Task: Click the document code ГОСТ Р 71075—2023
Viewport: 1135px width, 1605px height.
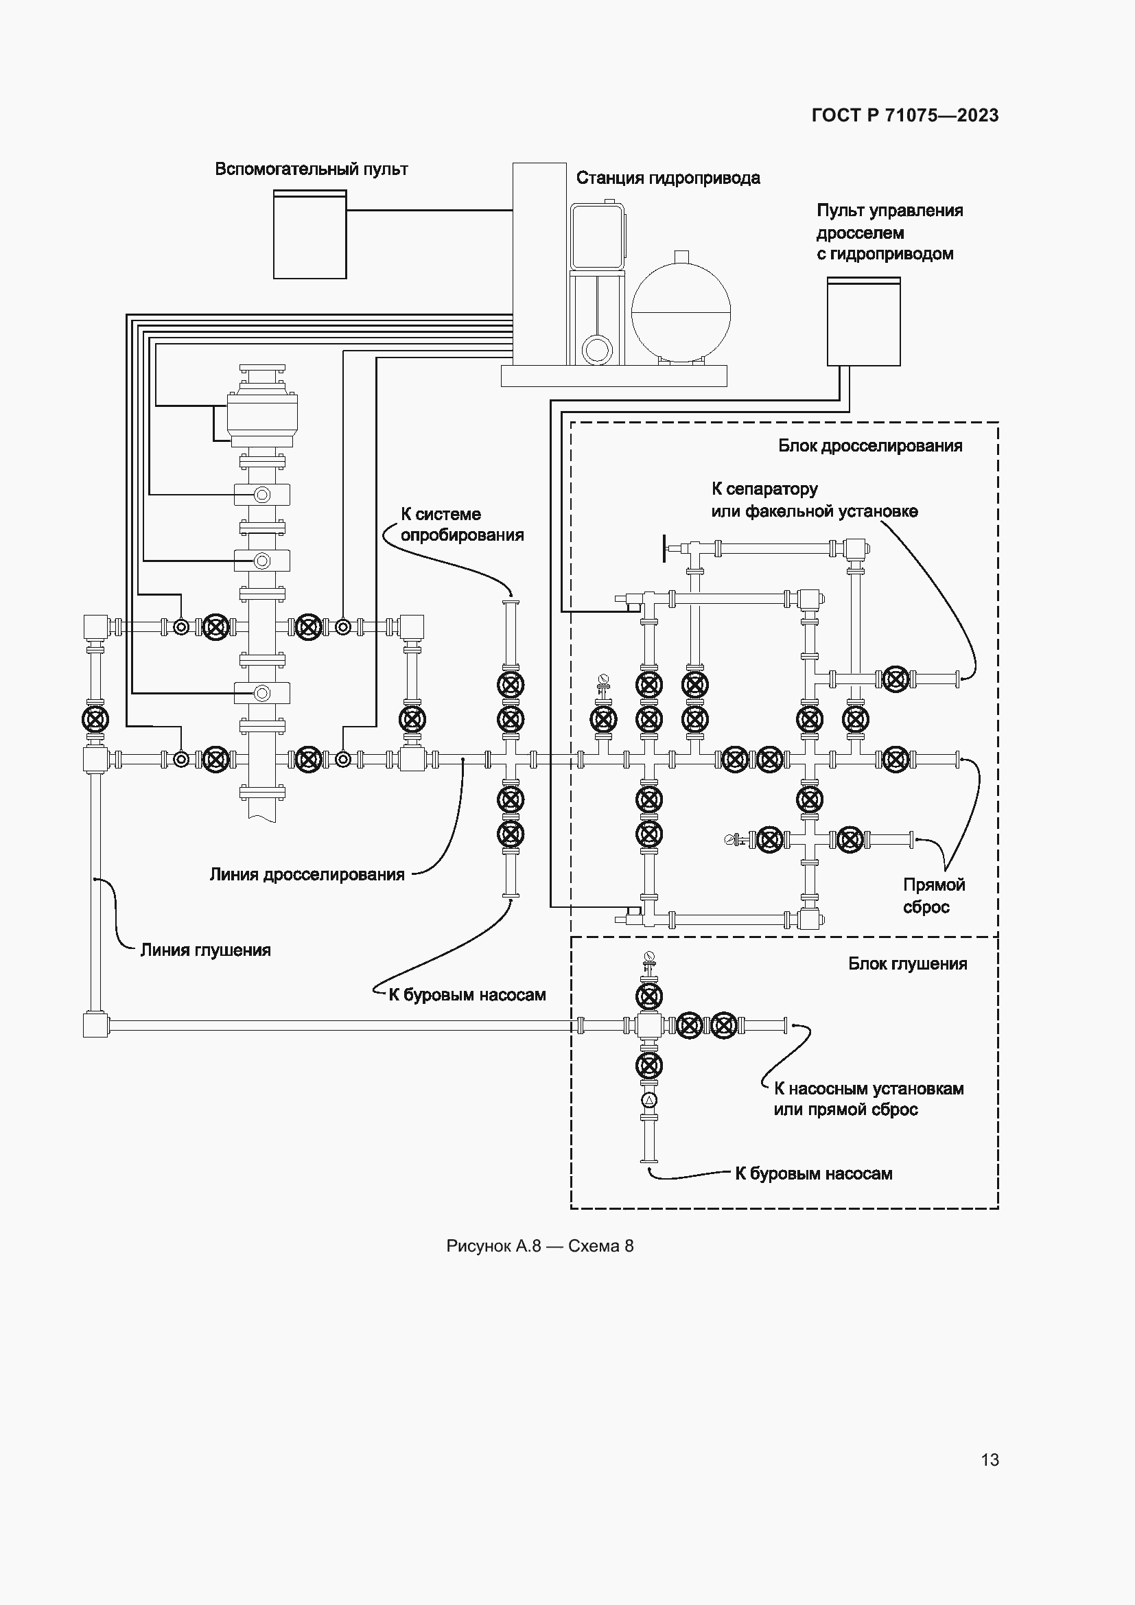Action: [905, 115]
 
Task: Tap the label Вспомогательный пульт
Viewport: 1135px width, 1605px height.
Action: [311, 169]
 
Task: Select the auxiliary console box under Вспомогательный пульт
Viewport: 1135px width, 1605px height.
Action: [309, 235]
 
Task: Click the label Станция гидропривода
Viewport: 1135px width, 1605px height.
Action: [668, 178]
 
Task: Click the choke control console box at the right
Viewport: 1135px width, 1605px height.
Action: [863, 323]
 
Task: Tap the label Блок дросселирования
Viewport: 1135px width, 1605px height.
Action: [870, 446]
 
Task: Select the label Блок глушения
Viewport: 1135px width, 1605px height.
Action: [907, 964]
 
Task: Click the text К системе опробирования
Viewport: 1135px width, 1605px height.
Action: [461, 524]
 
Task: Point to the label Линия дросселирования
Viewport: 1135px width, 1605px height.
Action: [307, 874]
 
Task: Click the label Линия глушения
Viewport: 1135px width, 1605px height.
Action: [205, 950]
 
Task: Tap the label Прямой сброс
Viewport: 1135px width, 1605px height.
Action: [933, 895]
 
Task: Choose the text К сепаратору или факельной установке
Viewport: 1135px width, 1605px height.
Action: [815, 500]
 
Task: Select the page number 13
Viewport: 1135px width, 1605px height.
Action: [990, 1460]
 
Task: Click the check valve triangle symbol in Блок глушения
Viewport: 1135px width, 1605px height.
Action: [649, 1100]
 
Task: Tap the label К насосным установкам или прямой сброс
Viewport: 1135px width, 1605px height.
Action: [868, 1099]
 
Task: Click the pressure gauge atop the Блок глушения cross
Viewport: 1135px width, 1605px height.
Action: [649, 956]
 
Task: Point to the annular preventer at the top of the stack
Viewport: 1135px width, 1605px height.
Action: [262, 415]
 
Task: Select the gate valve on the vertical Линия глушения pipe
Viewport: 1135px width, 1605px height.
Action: [95, 719]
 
